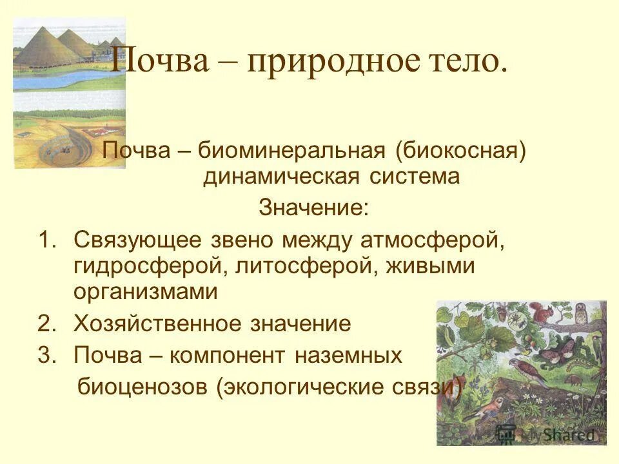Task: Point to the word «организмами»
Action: tap(146, 292)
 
